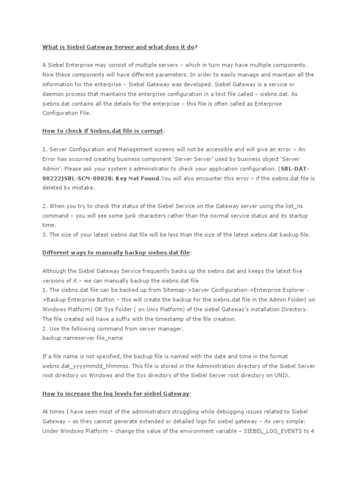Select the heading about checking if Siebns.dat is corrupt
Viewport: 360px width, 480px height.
coord(103,132)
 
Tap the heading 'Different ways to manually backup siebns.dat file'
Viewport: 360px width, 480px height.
coord(116,252)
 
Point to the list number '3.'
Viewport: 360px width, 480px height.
coord(45,234)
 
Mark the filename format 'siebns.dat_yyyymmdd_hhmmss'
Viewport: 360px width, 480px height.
coord(83,366)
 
